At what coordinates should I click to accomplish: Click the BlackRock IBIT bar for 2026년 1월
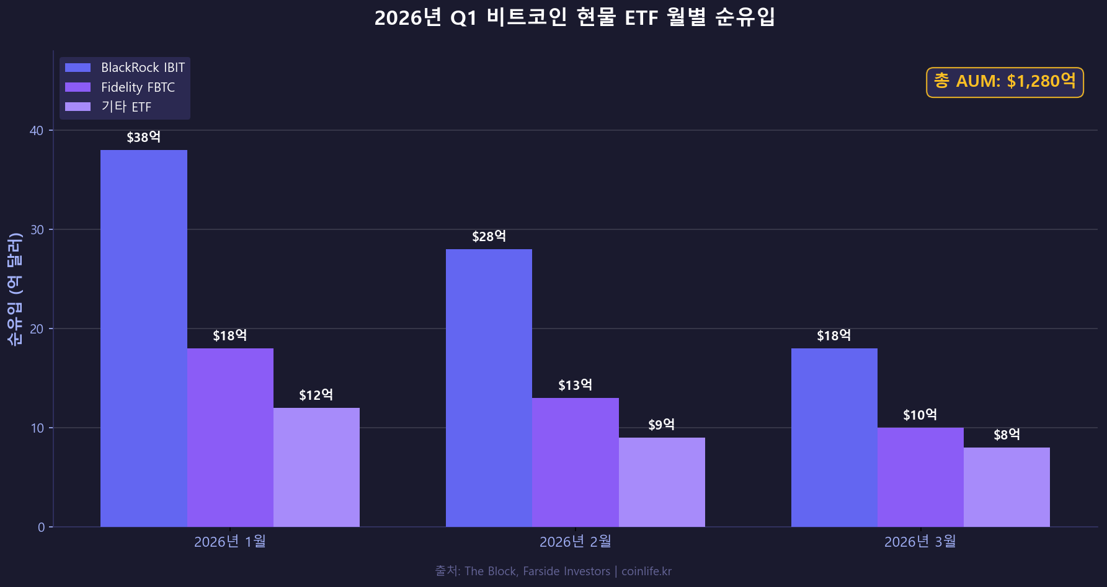pyautogui.click(x=143, y=338)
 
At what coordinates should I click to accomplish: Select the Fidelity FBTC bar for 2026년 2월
pyautogui.click(x=575, y=462)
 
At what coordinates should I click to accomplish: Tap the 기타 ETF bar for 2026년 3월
pyautogui.click(x=1006, y=487)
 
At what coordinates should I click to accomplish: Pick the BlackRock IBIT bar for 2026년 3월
pyautogui.click(x=834, y=437)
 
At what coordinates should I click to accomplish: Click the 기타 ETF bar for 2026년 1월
pyautogui.click(x=316, y=467)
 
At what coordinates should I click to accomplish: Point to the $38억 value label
pyautogui.click(x=143, y=138)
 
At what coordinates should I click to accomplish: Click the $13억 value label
pyautogui.click(x=575, y=386)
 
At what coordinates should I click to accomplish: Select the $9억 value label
pyautogui.click(x=661, y=425)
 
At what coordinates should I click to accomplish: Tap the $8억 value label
pyautogui.click(x=1006, y=435)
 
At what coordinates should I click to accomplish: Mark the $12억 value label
pyautogui.click(x=316, y=395)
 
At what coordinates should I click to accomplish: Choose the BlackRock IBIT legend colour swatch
pyautogui.click(x=78, y=68)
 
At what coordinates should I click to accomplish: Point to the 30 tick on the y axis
pyautogui.click(x=37, y=230)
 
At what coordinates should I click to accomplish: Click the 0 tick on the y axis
pyautogui.click(x=42, y=527)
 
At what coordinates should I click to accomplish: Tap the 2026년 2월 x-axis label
pyautogui.click(x=575, y=542)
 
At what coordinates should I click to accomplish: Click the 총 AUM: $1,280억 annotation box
pyautogui.click(x=1005, y=82)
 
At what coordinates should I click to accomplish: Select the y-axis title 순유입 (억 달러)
pyautogui.click(x=15, y=289)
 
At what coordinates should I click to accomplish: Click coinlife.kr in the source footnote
pyautogui.click(x=646, y=572)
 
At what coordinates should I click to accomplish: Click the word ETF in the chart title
pyautogui.click(x=641, y=18)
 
